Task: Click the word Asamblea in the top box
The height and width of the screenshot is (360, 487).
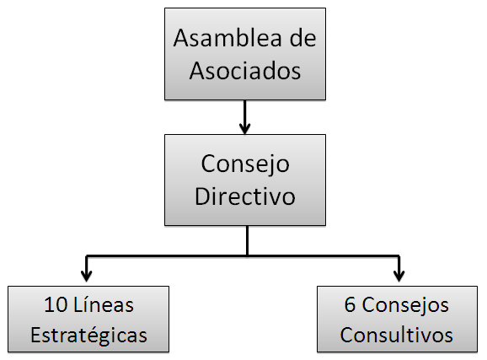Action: pyautogui.click(x=227, y=38)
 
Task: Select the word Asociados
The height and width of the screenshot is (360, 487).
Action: pyautogui.click(x=245, y=71)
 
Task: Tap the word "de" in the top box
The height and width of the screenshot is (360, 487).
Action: pyautogui.click(x=302, y=38)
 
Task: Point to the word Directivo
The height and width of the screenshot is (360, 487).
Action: pyautogui.click(x=245, y=196)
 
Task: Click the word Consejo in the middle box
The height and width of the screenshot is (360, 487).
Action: pyautogui.click(x=245, y=164)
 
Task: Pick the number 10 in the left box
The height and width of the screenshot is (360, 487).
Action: pyautogui.click(x=56, y=304)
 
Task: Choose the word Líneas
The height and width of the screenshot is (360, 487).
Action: pyautogui.click(x=104, y=304)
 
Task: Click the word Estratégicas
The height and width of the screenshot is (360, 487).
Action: pyautogui.click(x=88, y=335)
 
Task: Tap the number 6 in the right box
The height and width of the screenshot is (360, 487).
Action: pyautogui.click(x=350, y=304)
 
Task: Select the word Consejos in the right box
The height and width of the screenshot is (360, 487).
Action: pyautogui.click(x=405, y=306)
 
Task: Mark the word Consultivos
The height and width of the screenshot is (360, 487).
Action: pyautogui.click(x=396, y=335)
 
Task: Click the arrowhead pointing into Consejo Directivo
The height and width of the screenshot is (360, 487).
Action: pyautogui.click(x=244, y=128)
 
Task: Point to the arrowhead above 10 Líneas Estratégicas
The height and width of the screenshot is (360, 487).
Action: pyautogui.click(x=86, y=276)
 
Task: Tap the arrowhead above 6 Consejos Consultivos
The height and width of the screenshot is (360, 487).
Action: pyautogui.click(x=399, y=276)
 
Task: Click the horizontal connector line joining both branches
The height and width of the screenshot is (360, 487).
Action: pyautogui.click(x=243, y=255)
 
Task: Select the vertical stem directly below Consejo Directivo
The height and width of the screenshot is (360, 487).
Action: pyautogui.click(x=247, y=240)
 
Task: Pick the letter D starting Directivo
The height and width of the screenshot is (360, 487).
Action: pyautogui.click(x=201, y=196)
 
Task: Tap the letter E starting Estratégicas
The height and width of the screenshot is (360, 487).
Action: pyautogui.click(x=35, y=335)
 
